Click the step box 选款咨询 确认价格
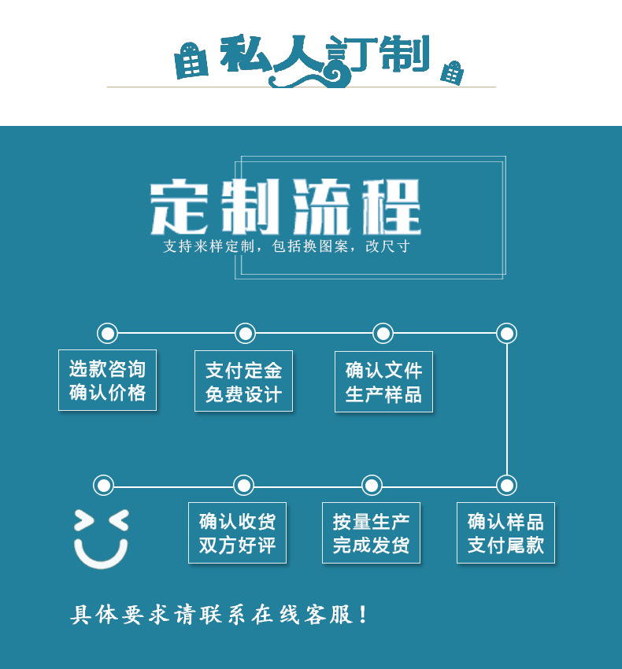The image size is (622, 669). pyautogui.click(x=107, y=380)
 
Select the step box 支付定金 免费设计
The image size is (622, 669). pyautogui.click(x=243, y=381)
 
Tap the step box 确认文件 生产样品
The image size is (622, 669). pyautogui.click(x=383, y=382)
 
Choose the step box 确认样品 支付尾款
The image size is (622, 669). pyautogui.click(x=505, y=533)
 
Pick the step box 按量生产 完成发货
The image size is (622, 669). pyautogui.click(x=371, y=533)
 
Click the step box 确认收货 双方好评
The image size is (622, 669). pyautogui.click(x=237, y=533)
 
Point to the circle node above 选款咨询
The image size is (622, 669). pyautogui.click(x=107, y=333)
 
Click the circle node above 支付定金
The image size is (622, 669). pyautogui.click(x=245, y=333)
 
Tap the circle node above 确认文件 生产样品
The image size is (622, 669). pyautogui.click(x=383, y=333)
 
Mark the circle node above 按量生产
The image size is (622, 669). pyautogui.click(x=371, y=485)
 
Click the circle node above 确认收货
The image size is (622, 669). pyautogui.click(x=244, y=485)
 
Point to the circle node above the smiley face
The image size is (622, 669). pyautogui.click(x=103, y=485)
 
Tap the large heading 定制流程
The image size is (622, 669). pyautogui.click(x=286, y=207)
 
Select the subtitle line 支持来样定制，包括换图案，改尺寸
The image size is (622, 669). pyautogui.click(x=286, y=246)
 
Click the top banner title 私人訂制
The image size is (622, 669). pyautogui.click(x=323, y=57)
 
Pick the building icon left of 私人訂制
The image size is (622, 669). pyautogui.click(x=191, y=61)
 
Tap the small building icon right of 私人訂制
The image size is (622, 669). pyautogui.click(x=451, y=72)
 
